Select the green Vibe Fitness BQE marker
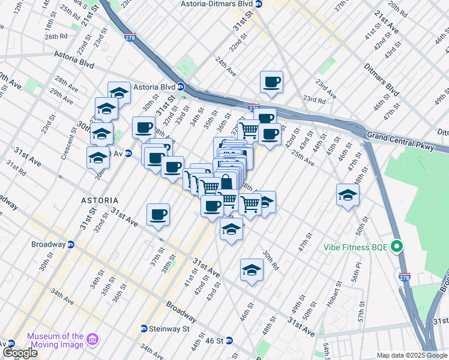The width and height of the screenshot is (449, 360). (396, 247)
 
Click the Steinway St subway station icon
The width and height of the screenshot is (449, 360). (144, 328)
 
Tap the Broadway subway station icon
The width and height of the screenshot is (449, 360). (70, 244)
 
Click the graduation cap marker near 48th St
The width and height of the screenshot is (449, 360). (348, 195)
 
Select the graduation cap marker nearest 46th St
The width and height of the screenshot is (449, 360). (252, 269)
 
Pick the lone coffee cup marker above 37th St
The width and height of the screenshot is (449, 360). (158, 214)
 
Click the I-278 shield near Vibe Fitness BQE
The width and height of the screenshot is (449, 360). (404, 277)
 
